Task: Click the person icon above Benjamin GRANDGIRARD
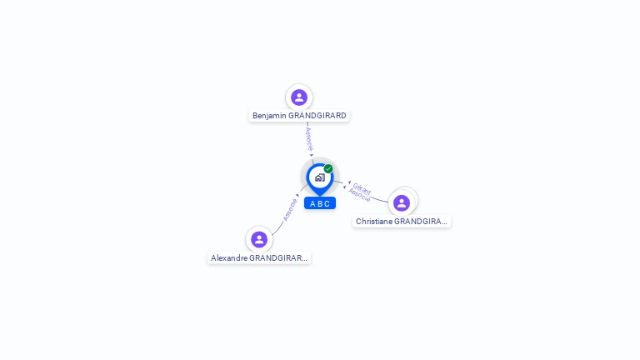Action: pyautogui.click(x=299, y=97)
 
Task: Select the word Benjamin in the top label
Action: pyautogui.click(x=270, y=116)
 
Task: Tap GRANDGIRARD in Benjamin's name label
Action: pyautogui.click(x=317, y=116)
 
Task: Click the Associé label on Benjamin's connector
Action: pyautogui.click(x=309, y=137)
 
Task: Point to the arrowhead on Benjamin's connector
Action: pyautogui.click(x=312, y=155)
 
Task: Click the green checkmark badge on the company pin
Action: pyautogui.click(x=328, y=169)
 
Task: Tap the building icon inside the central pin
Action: pyautogui.click(x=319, y=177)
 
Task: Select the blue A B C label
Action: pyautogui.click(x=320, y=203)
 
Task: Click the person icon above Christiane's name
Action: pyautogui.click(x=402, y=203)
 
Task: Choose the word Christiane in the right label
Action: pyautogui.click(x=373, y=222)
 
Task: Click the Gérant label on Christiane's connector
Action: pyautogui.click(x=362, y=188)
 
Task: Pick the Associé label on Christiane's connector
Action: pyautogui.click(x=359, y=196)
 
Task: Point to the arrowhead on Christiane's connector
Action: pyautogui.click(x=348, y=183)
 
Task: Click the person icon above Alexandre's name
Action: pyautogui.click(x=259, y=240)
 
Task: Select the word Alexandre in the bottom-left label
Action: pyautogui.click(x=229, y=258)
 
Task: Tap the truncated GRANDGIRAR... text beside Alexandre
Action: pyautogui.click(x=278, y=258)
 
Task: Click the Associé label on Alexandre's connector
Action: pyautogui.click(x=290, y=208)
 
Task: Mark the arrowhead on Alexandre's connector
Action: pyautogui.click(x=297, y=195)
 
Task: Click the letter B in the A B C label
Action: pyautogui.click(x=320, y=203)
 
